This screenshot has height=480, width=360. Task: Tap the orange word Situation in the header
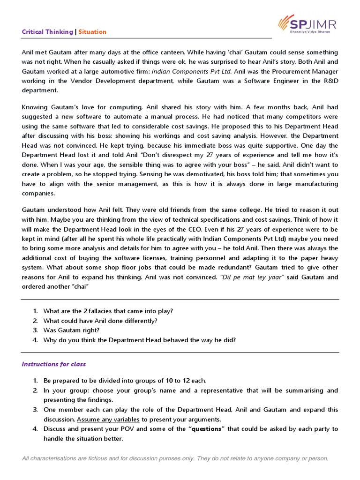coord(92,32)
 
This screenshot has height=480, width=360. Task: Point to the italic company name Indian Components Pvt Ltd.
coord(192,71)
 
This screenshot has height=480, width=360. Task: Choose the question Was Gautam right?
coord(72,330)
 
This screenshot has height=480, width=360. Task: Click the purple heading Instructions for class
coord(54,364)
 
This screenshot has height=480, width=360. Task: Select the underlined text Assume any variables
coord(109,419)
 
